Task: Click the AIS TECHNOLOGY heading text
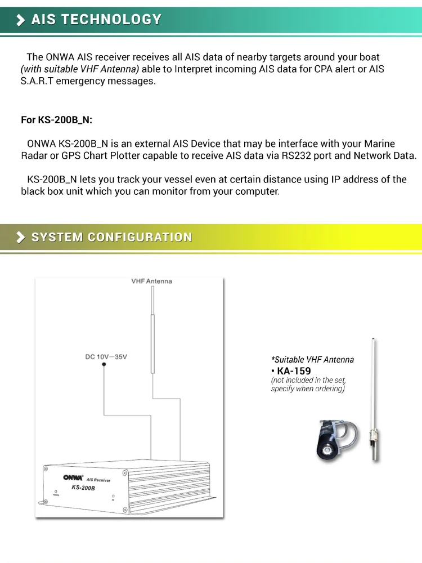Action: pos(96,20)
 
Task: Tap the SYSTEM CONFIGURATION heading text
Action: pos(111,237)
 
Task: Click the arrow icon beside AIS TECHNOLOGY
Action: pos(21,20)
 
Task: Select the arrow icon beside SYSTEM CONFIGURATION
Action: pos(21,237)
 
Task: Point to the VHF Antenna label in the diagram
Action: pos(151,281)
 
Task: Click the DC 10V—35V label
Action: pos(106,357)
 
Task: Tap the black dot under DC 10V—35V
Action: pos(104,365)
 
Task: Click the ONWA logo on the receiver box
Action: pos(73,477)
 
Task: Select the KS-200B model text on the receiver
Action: pos(83,488)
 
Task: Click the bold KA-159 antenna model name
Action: pos(294,371)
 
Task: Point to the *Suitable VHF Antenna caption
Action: pos(313,359)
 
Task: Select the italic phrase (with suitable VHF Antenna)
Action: pos(79,69)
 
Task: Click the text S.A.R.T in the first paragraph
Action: pos(39,81)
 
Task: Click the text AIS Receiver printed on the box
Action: pos(98,480)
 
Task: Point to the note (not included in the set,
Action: pos(308,380)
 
